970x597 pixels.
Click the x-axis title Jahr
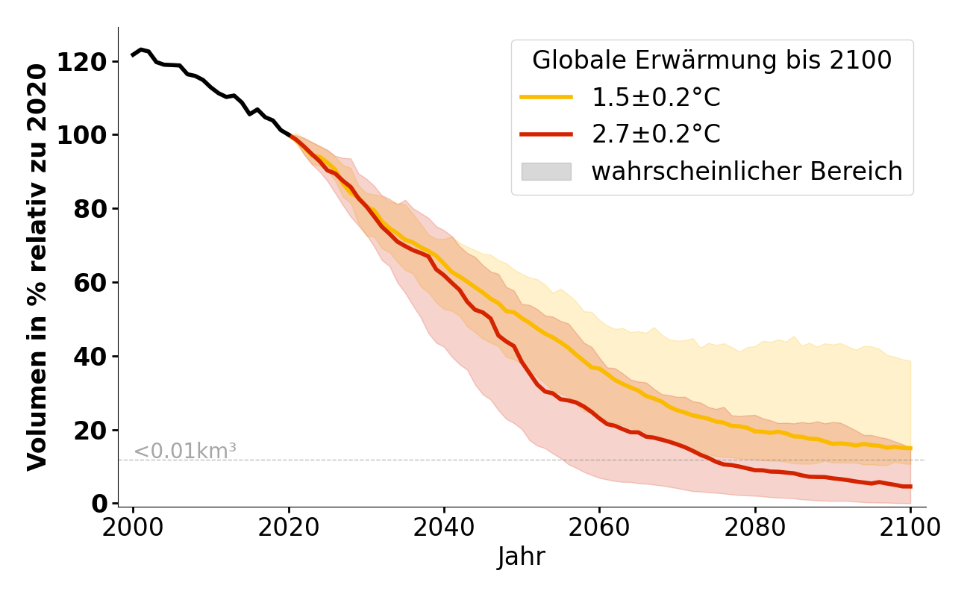tap(522, 557)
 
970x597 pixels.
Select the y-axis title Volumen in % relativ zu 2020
tap(38, 266)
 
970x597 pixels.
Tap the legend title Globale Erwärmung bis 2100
tap(712, 60)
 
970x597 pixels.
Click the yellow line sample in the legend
tap(546, 98)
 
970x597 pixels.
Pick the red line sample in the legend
tap(546, 134)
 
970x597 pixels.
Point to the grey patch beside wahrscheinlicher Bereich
tap(546, 172)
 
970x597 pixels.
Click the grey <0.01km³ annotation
tap(185, 451)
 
